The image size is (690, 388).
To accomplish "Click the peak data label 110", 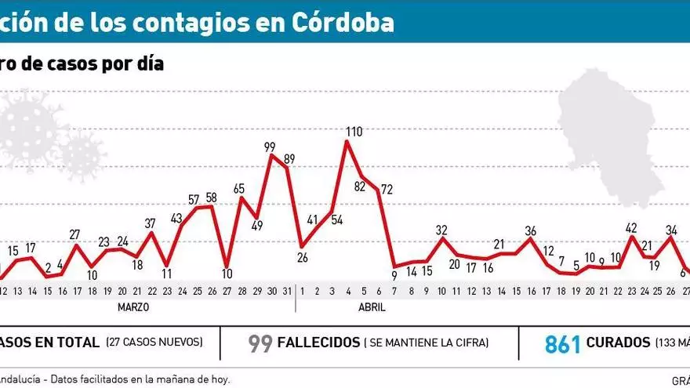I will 354,132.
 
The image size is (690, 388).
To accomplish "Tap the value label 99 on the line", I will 270,147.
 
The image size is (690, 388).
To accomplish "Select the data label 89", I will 289,159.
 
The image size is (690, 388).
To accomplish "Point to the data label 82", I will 360,187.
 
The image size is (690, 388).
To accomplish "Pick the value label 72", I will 386,189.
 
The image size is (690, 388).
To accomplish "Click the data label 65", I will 239,189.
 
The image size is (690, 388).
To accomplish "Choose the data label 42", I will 632,228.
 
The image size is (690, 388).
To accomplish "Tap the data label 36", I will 531,230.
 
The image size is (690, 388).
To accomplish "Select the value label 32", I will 441,230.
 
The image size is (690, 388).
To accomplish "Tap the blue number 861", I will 563,343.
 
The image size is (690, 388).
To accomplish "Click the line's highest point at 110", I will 347,142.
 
